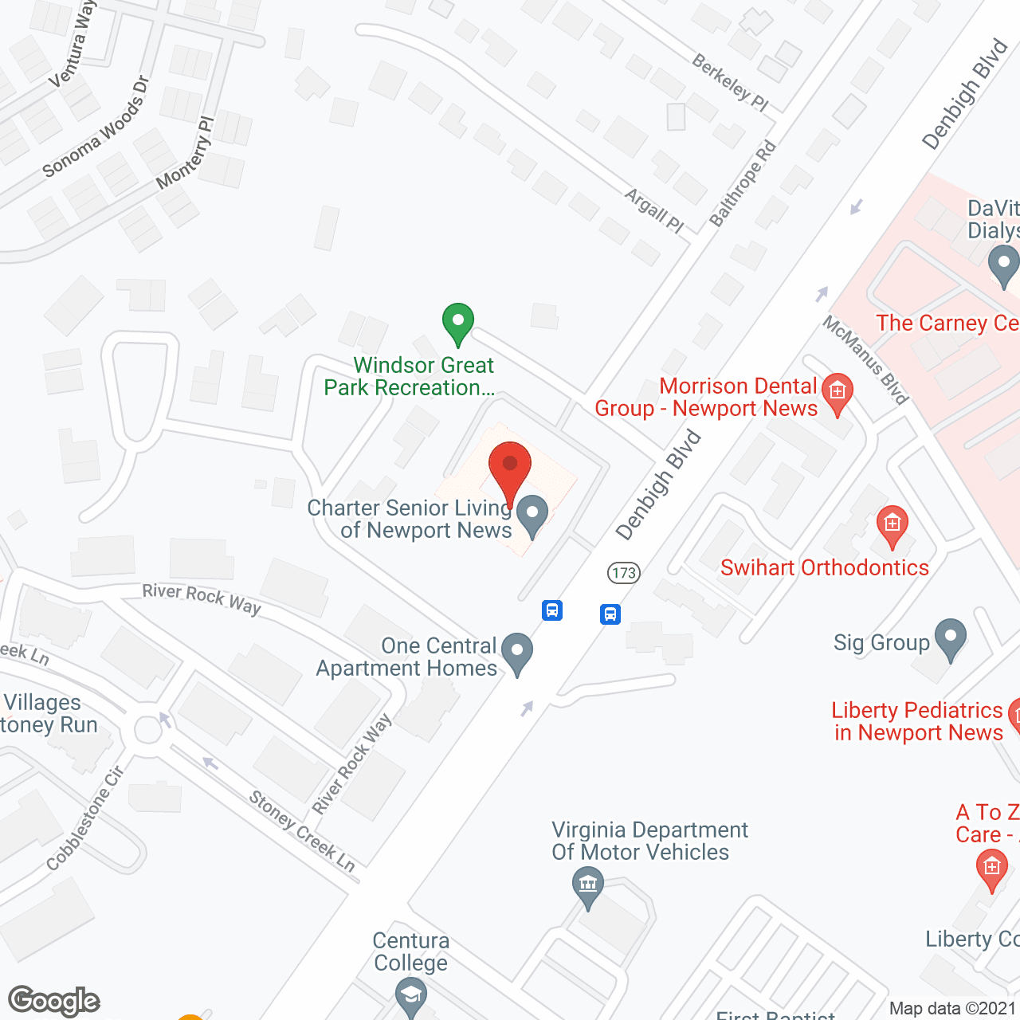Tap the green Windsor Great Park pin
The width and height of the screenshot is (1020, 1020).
pos(458,324)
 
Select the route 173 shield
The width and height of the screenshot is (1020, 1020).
pos(624,572)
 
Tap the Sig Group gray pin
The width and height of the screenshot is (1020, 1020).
pos(950,639)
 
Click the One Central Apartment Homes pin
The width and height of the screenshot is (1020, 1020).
pos(517,653)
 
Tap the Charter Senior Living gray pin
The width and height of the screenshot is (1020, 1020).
pos(532,515)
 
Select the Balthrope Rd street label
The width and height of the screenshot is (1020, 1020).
pos(743,184)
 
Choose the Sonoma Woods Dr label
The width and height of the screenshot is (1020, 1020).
pos(96,127)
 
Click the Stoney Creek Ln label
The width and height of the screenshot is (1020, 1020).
pos(302,831)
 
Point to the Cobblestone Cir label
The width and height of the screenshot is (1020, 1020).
pos(85,818)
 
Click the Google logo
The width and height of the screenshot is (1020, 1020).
pos(54,1001)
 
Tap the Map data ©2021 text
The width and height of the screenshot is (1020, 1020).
pos(952,1009)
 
